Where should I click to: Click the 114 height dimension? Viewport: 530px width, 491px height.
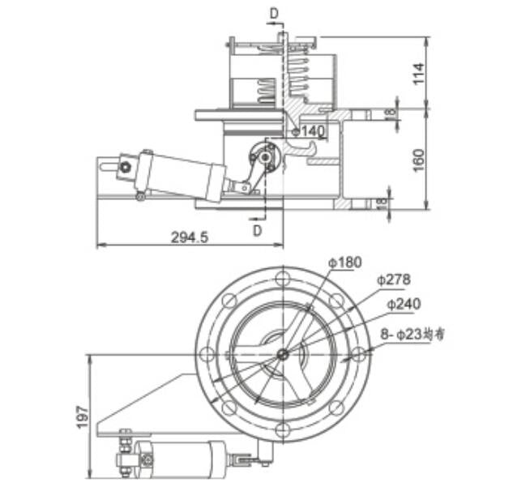tap(418, 74)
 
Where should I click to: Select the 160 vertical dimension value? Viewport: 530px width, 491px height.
tap(418, 160)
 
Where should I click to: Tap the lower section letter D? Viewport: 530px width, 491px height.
tap(257, 230)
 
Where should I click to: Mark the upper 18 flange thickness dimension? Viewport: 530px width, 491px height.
tap(391, 114)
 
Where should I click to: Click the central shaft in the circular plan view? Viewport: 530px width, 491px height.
tap(281, 353)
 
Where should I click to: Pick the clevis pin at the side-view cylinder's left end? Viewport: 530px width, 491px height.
tap(126, 168)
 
